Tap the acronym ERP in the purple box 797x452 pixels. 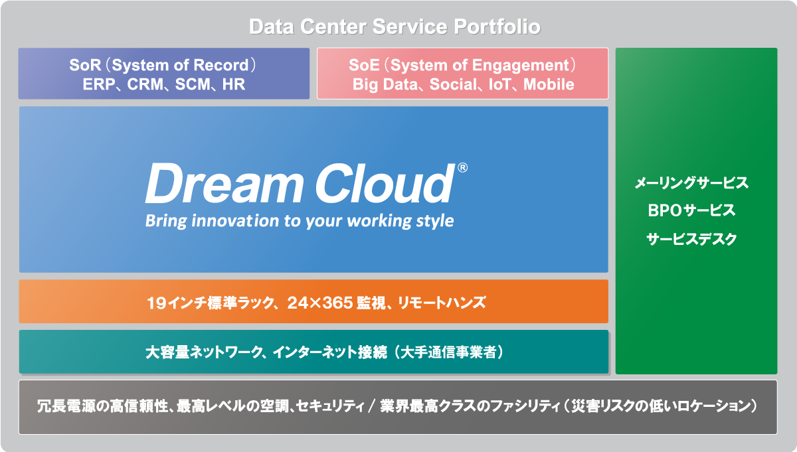click(x=99, y=85)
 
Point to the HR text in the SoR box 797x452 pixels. click(x=234, y=85)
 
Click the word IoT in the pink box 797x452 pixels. click(x=499, y=85)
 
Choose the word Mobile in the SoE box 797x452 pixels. click(x=549, y=85)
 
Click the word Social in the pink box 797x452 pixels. click(x=453, y=85)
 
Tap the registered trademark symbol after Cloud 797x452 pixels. click(x=462, y=167)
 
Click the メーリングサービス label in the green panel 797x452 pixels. click(x=691, y=183)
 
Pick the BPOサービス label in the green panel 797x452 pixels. click(x=691, y=210)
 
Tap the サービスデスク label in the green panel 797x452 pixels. click(x=691, y=239)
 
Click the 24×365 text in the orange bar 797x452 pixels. click(x=320, y=303)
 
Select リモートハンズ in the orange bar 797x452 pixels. click(x=442, y=303)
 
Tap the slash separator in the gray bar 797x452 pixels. click(x=372, y=406)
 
